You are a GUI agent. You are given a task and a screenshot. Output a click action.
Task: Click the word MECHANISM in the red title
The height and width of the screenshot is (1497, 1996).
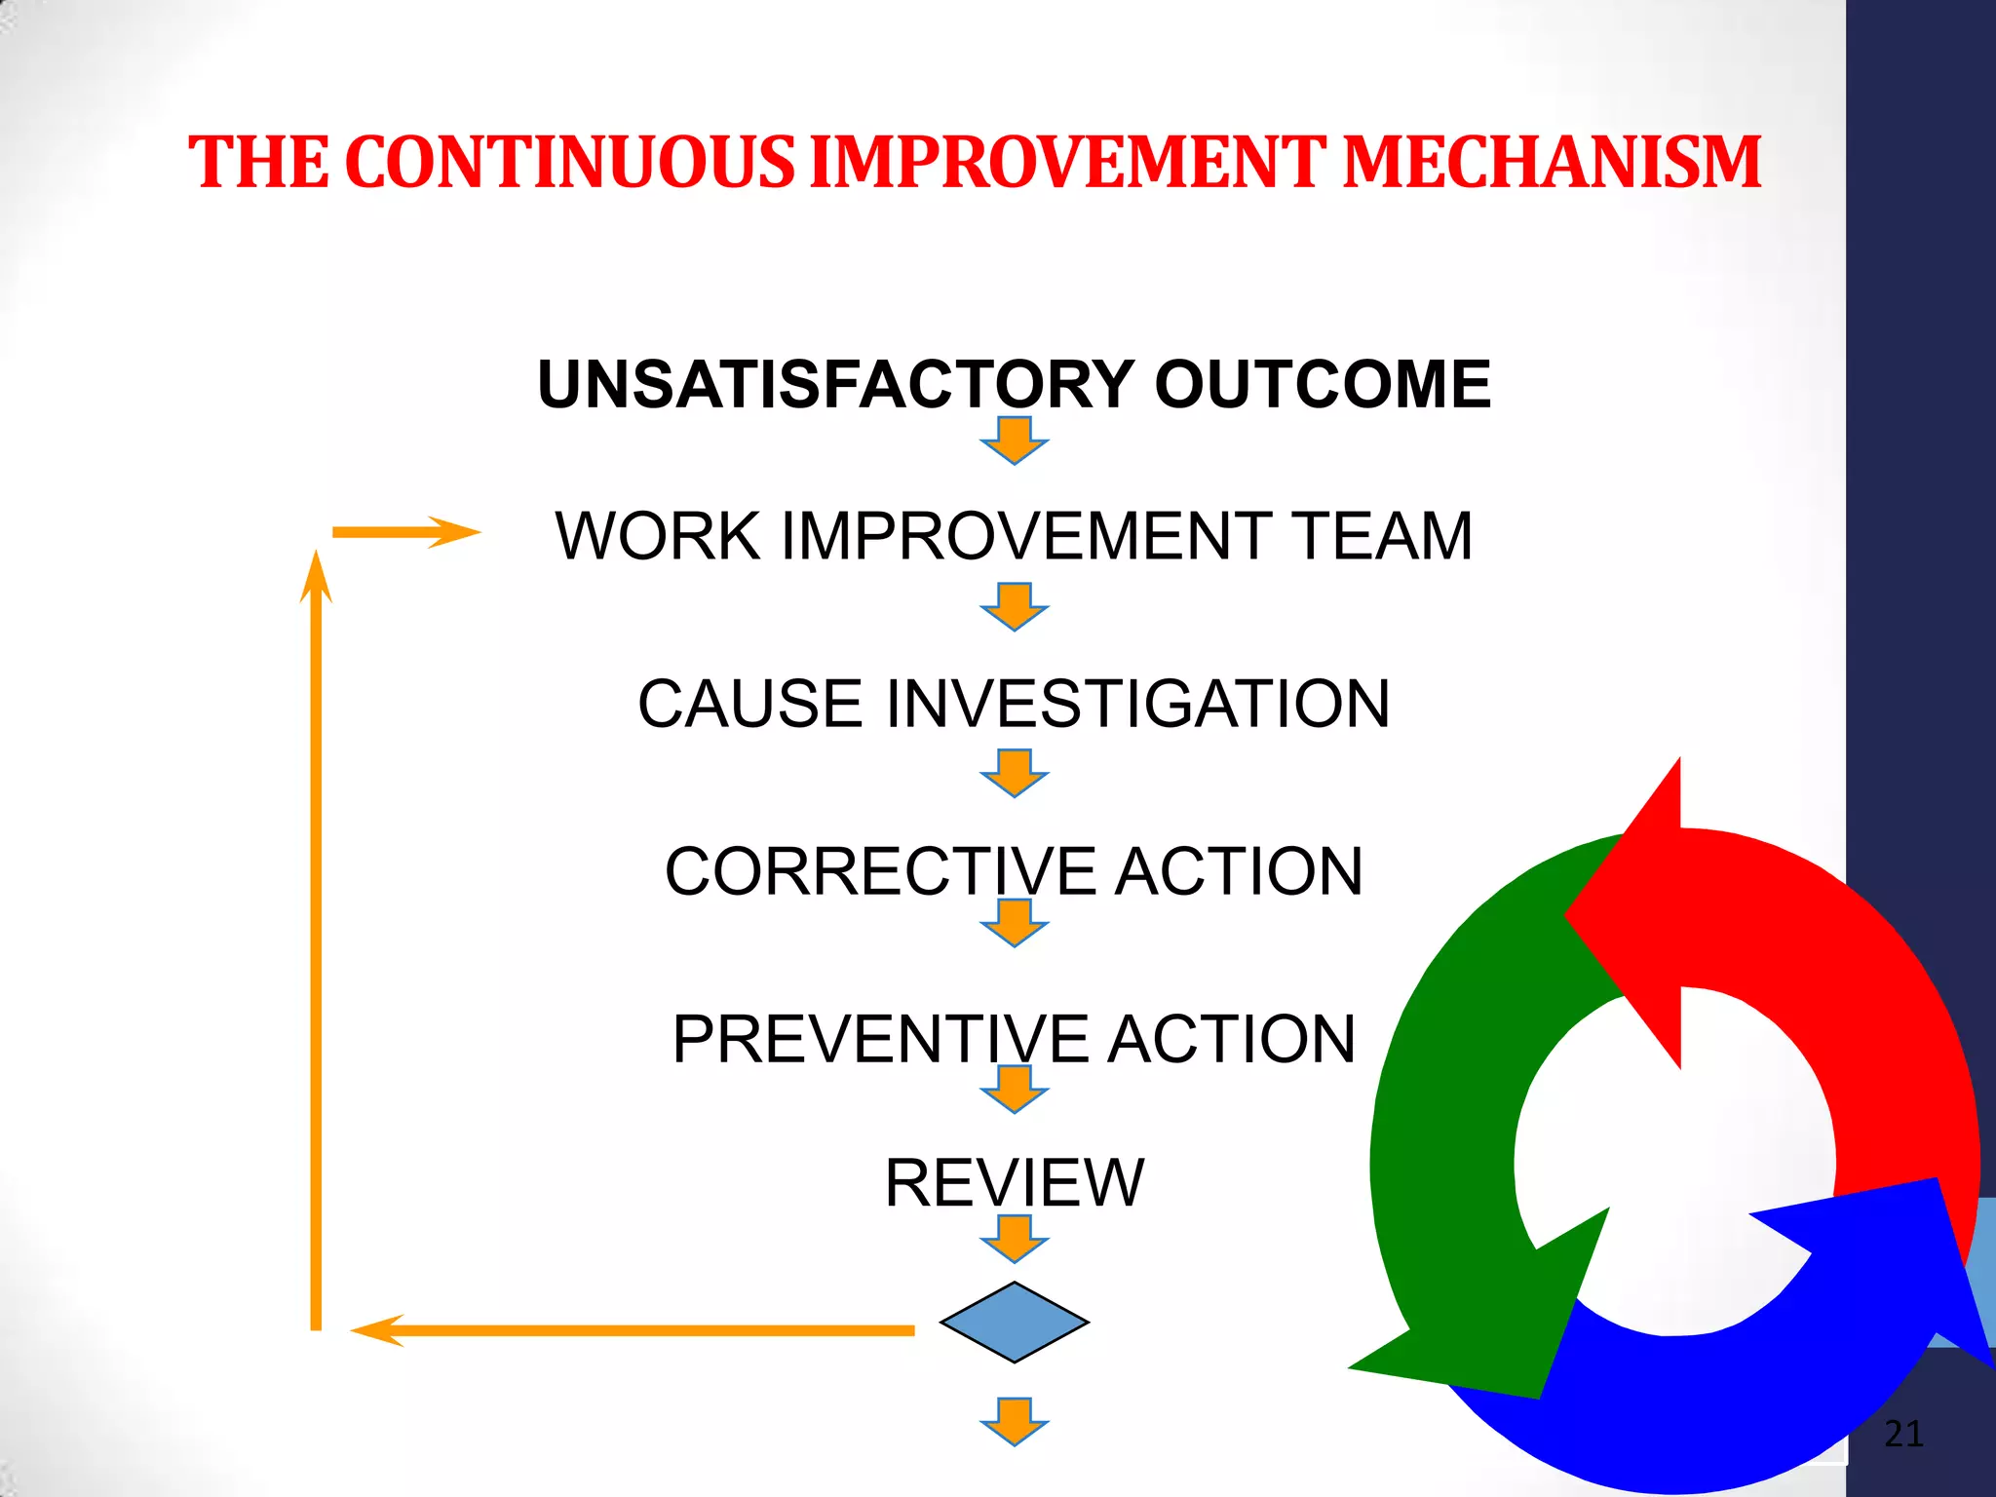[x=1552, y=162]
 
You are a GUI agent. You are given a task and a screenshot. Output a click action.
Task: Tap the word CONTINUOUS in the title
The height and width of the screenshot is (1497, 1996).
[x=570, y=162]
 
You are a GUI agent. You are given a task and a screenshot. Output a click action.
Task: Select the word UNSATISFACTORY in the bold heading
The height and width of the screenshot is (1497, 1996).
[x=836, y=384]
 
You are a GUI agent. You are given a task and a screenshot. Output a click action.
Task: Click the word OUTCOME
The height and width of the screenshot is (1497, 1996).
[x=1323, y=384]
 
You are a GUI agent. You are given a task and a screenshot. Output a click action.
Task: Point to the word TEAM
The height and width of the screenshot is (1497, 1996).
[x=1382, y=536]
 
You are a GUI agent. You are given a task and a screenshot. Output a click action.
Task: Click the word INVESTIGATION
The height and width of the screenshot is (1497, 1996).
[x=1137, y=704]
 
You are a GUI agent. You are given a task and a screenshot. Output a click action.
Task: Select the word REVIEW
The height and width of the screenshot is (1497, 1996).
[x=1014, y=1183]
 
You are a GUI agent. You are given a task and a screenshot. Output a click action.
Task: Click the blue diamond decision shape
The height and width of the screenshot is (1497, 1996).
[x=1014, y=1323]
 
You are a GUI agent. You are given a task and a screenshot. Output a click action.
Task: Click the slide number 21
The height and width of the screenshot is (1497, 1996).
[x=1903, y=1434]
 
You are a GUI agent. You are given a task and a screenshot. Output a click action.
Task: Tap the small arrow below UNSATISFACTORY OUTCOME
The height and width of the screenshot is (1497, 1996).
[x=1014, y=441]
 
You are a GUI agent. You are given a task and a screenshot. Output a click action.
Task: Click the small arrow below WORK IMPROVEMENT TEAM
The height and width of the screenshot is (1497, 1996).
[x=1014, y=606]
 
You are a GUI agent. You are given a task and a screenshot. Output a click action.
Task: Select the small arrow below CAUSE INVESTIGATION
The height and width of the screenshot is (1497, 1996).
[x=1014, y=773]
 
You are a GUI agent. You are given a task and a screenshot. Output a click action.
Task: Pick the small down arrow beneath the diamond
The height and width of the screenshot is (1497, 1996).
[x=1014, y=1421]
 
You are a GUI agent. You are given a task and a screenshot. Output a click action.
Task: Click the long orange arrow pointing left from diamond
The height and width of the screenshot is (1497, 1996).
[x=633, y=1330]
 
